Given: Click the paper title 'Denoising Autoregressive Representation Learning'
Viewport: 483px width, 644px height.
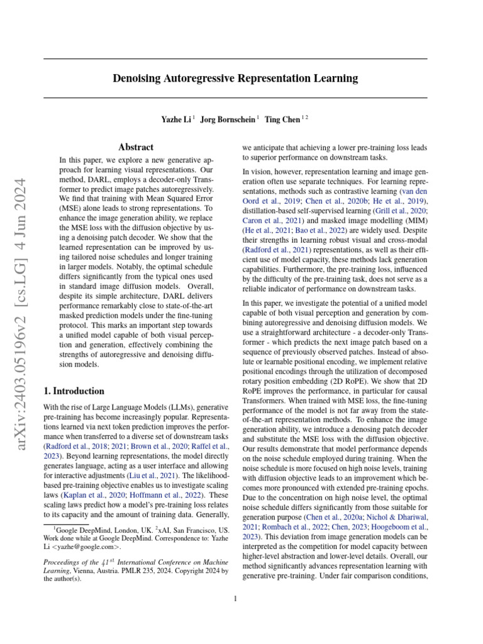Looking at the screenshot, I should point(235,79).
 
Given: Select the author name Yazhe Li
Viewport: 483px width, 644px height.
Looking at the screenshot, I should point(177,118).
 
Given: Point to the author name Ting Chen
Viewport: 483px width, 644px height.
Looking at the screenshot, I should point(282,118).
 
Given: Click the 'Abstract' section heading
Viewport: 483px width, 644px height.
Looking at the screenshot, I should point(136,147).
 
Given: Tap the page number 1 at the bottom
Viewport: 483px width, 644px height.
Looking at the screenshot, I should point(235,599).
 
